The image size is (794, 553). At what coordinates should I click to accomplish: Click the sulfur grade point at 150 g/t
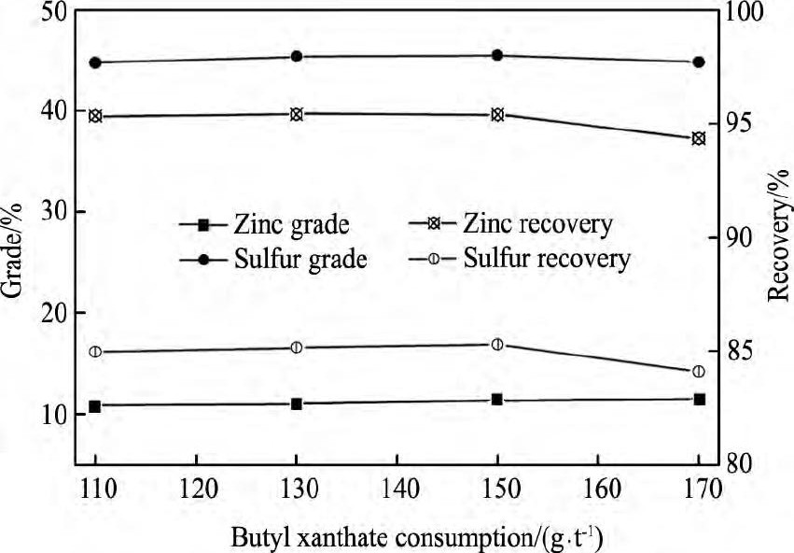point(497,55)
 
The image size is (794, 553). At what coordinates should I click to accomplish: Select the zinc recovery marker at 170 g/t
point(699,138)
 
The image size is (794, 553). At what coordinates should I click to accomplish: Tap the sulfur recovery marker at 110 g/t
point(95,351)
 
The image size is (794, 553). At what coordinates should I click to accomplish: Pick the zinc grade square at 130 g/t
point(297,404)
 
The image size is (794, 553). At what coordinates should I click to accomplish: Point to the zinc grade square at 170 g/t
point(699,399)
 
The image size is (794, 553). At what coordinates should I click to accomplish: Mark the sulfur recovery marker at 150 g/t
point(497,345)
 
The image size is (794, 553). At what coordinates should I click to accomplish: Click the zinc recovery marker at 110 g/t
point(95,116)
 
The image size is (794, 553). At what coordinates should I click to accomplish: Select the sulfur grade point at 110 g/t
point(95,63)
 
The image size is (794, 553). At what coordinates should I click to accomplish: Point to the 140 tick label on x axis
point(397,489)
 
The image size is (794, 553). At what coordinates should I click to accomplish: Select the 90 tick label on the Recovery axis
point(751,237)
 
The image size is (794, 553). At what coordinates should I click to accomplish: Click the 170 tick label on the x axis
point(698,489)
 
